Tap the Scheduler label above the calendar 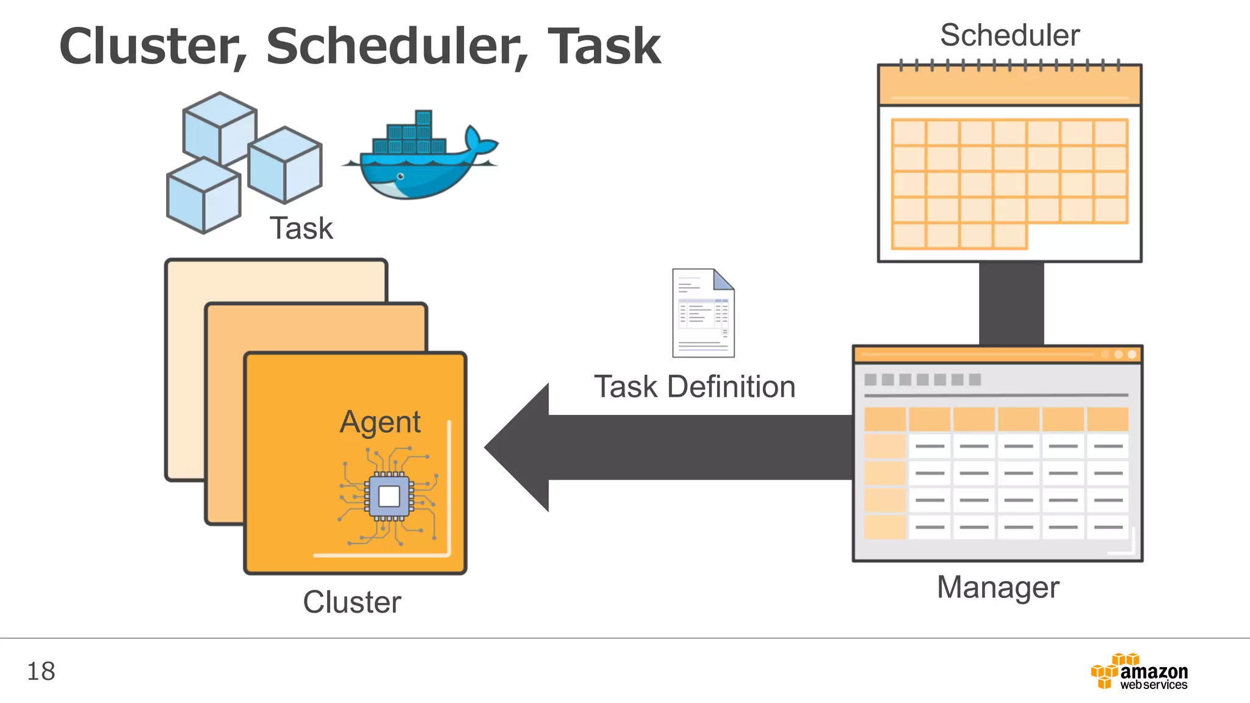point(1010,35)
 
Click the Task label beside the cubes point(302,229)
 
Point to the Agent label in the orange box point(380,422)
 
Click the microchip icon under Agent point(389,496)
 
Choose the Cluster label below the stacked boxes point(352,602)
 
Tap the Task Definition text point(695,387)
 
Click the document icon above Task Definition point(703,313)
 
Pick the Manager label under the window point(998,588)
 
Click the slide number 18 point(41,671)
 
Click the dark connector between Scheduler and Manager point(1011,303)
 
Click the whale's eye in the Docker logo point(400,176)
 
